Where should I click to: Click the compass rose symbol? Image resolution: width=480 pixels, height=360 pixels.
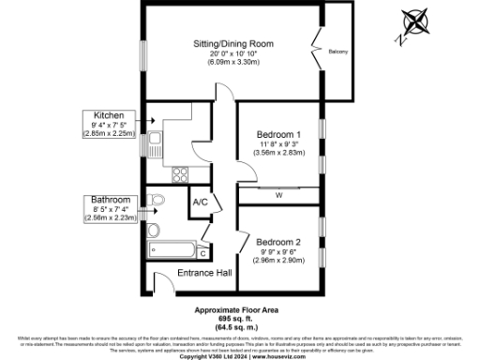tap(413, 23)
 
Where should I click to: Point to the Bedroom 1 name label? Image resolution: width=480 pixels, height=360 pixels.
tap(278, 134)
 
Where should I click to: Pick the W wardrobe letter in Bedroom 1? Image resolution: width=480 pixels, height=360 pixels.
tap(279, 195)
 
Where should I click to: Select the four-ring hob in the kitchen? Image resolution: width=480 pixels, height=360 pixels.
tap(179, 173)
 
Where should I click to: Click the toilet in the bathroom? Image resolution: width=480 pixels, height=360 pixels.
tap(157, 201)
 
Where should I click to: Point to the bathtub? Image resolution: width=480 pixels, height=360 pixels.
tap(172, 250)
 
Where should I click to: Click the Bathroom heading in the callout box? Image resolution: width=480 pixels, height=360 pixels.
tap(111, 200)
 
